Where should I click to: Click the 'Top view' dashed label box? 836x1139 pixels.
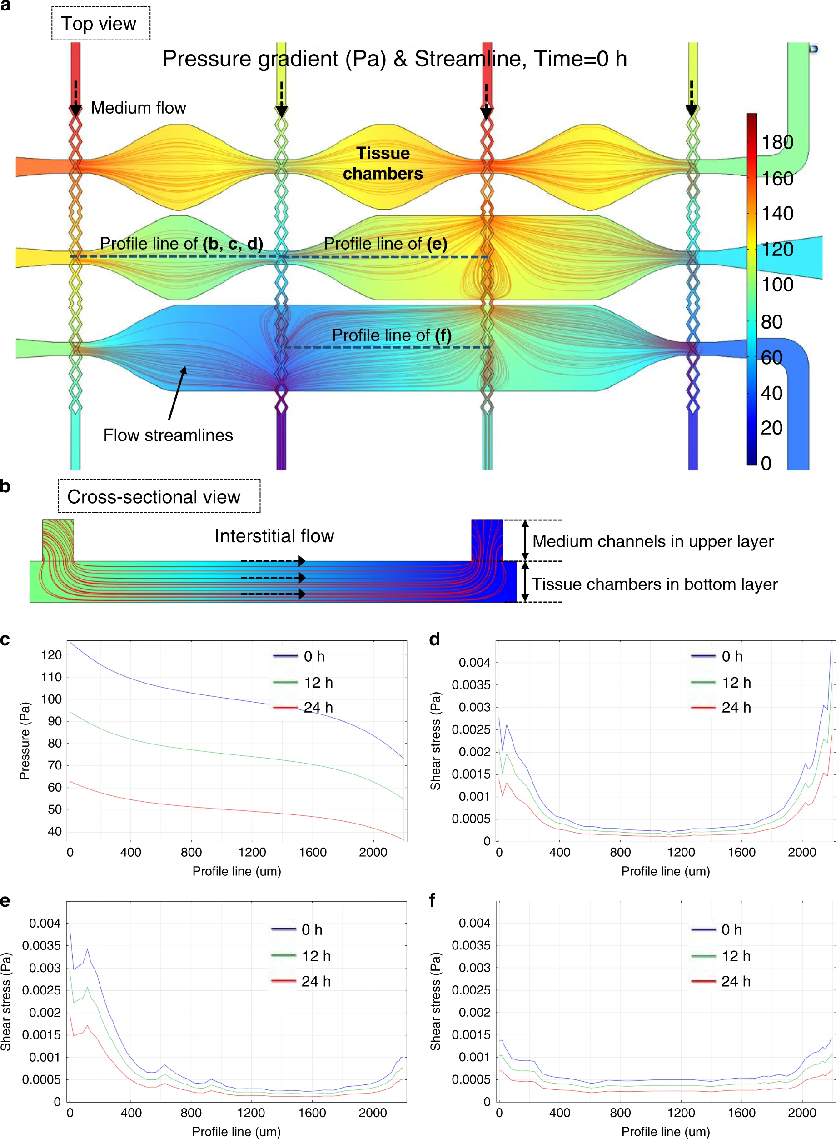point(100,24)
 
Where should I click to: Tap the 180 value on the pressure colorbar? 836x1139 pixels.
point(777,142)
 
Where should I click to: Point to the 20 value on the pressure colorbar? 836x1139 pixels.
point(772,428)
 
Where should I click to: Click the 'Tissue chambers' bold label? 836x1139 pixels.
point(383,163)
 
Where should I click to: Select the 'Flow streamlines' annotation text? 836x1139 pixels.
point(168,435)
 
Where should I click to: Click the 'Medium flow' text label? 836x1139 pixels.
point(138,108)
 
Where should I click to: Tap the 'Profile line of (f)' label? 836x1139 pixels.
point(391,335)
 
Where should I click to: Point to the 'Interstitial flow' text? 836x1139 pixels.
point(274,535)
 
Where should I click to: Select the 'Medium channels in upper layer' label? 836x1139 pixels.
point(653,541)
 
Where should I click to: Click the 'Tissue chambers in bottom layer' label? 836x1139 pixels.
point(654,584)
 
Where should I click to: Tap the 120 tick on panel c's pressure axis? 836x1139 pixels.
point(51,655)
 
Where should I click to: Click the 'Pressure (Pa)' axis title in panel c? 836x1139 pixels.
point(24,740)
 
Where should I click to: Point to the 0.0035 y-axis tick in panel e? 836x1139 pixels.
point(41,946)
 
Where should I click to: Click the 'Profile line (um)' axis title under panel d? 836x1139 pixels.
point(666,871)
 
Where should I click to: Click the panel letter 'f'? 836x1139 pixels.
point(432,900)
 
